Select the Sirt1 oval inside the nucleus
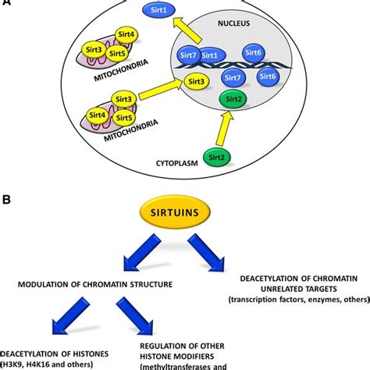click(x=209, y=56)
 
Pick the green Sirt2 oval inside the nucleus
click(x=232, y=99)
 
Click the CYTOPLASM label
click(x=171, y=165)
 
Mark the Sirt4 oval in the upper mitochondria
click(x=126, y=34)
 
